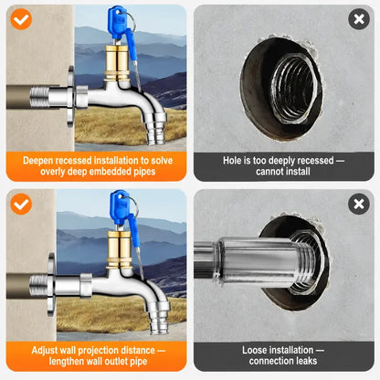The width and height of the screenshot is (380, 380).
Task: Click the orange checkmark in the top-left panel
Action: point(21,19)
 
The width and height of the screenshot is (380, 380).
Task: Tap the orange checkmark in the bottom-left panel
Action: point(21,204)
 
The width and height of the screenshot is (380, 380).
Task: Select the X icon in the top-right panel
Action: point(359,19)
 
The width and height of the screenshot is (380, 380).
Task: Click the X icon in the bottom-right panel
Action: point(359,204)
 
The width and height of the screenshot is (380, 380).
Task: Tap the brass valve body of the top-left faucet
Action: point(118,63)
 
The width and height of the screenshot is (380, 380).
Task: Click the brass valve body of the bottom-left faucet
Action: point(120,249)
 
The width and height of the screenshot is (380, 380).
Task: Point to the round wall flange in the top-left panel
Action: point(70,97)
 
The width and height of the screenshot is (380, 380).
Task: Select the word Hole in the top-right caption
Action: point(231,161)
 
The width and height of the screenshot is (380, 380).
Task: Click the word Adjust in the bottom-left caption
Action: point(44,351)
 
